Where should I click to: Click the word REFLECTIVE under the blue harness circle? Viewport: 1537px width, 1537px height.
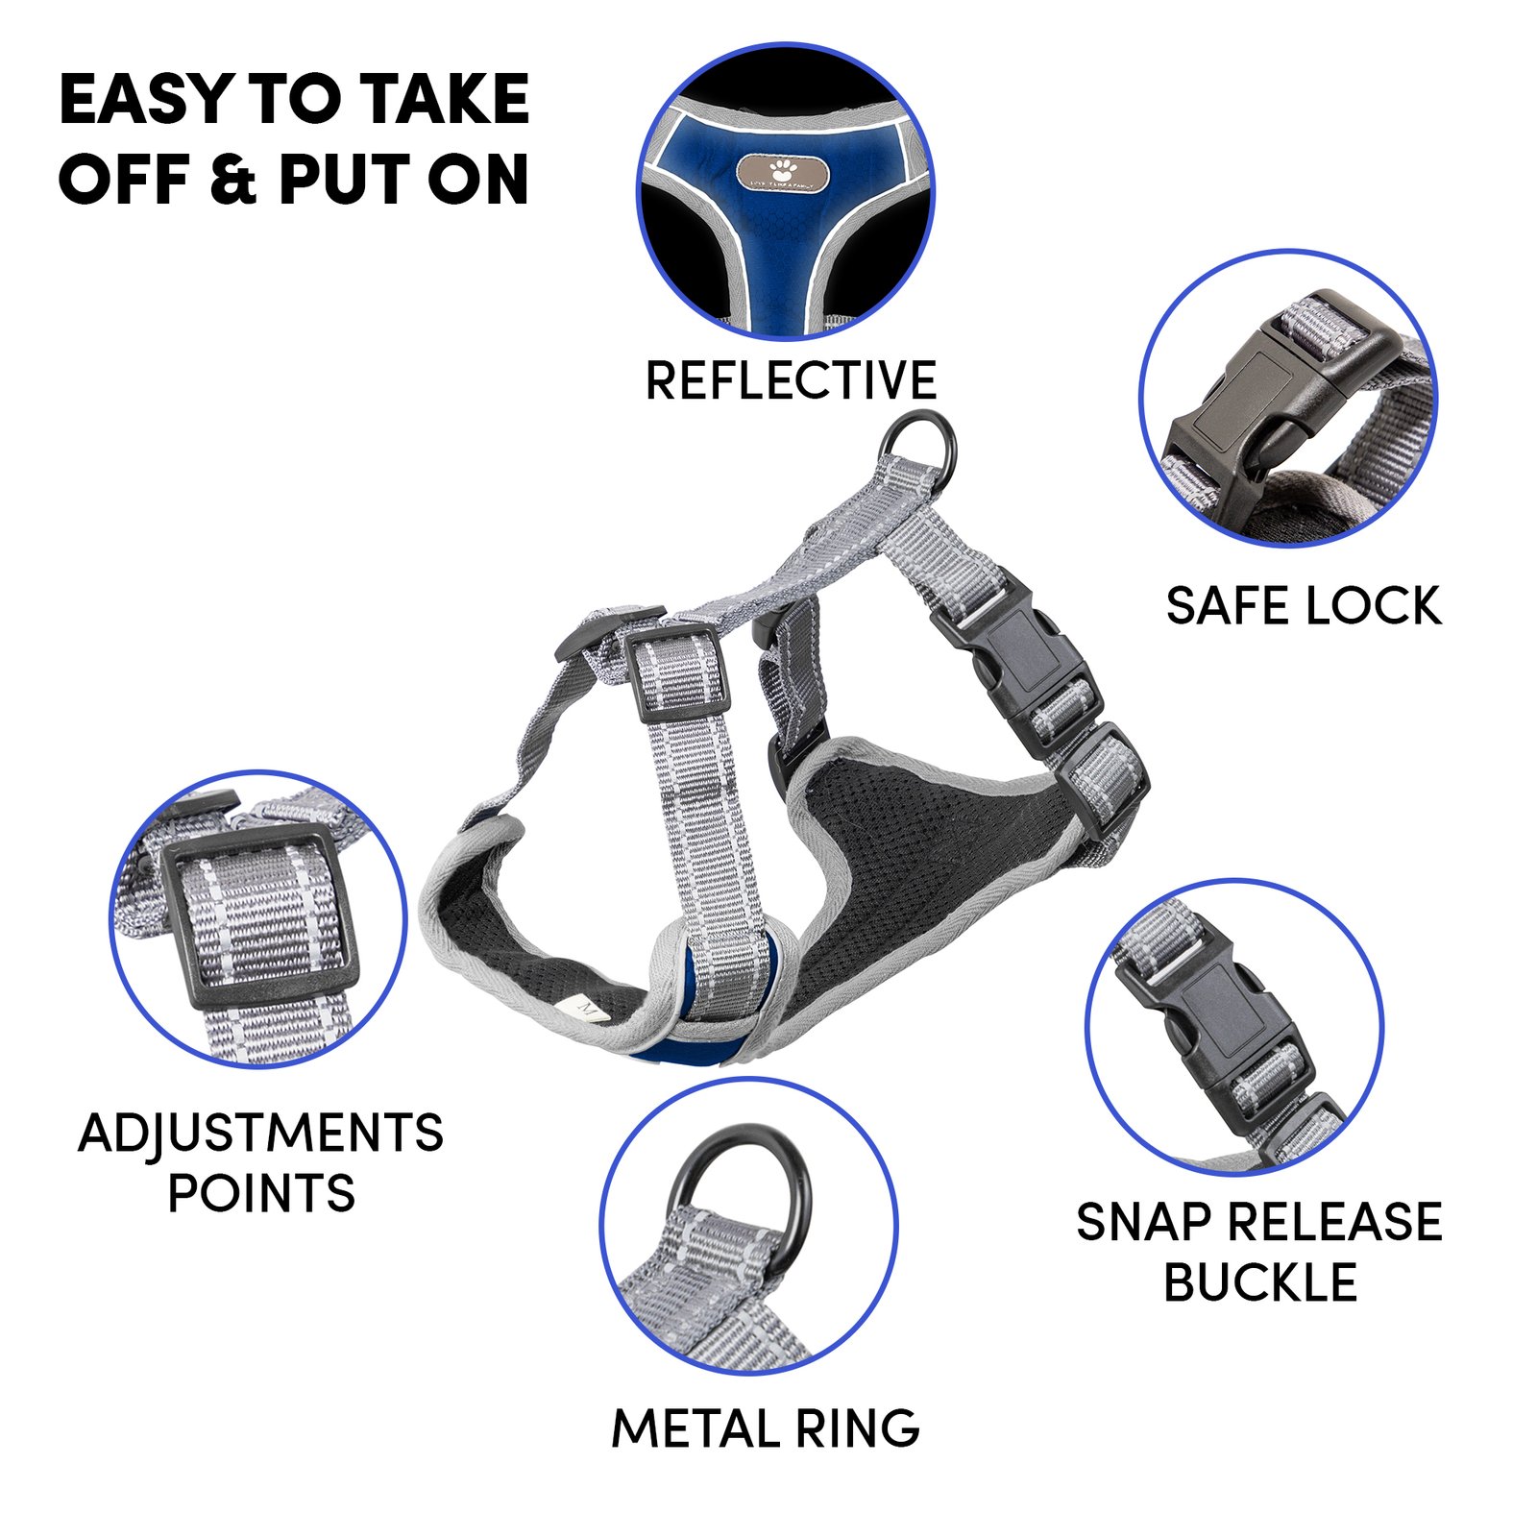791,380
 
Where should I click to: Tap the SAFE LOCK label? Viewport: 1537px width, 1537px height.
1304,606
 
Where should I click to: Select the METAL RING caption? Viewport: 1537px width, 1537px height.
766,1428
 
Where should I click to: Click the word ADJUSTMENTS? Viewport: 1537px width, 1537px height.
260,1134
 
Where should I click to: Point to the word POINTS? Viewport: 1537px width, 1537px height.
261,1193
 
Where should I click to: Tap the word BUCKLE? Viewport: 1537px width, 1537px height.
1260,1281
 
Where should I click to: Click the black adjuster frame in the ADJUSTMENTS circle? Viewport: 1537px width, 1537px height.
259,919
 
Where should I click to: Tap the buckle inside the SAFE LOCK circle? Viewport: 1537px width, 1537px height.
1278,403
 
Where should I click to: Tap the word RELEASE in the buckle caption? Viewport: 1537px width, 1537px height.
1336,1222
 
